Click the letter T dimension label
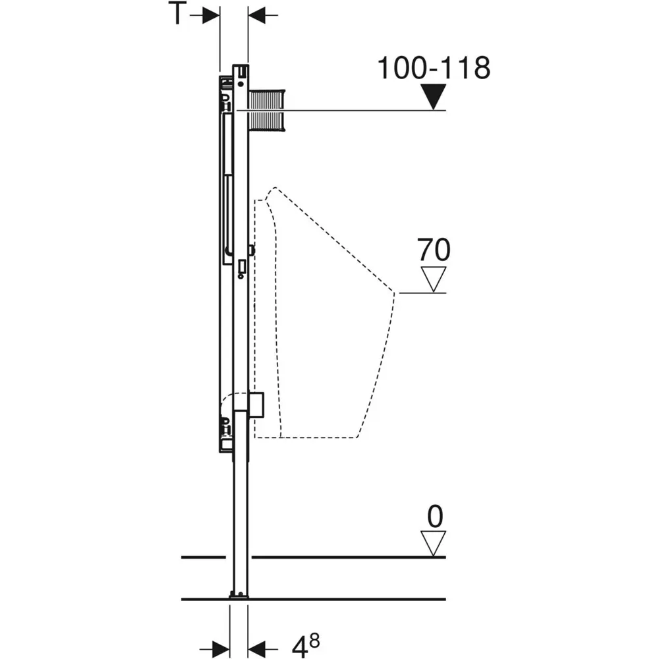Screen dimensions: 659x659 click(177, 13)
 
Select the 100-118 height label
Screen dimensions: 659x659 click(434, 68)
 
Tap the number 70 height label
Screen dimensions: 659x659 click(434, 250)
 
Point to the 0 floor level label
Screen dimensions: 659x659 click(435, 517)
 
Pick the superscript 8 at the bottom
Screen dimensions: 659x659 click(314, 641)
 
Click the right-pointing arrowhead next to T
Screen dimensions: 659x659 click(211, 16)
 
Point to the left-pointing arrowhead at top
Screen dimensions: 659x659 click(256, 16)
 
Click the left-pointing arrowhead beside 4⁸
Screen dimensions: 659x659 click(256, 649)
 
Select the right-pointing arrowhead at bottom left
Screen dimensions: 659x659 click(221, 649)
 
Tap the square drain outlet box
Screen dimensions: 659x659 click(256, 405)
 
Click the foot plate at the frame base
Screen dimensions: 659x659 click(239, 594)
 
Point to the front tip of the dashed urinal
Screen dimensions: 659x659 click(394, 293)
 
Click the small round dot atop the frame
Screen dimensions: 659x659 click(241, 84)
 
